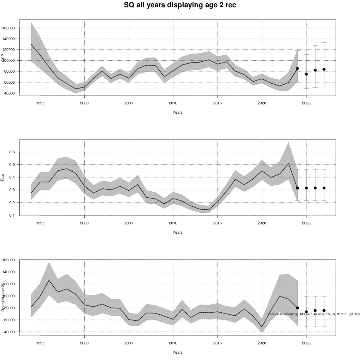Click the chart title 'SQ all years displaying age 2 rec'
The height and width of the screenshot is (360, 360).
(x=180, y=5)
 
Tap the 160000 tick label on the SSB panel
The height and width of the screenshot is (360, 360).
(x=9, y=28)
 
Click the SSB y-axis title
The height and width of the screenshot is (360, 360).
(x=3, y=58)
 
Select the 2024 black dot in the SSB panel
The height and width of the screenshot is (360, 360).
(x=297, y=68)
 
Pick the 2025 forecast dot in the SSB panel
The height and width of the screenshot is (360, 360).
(x=306, y=74)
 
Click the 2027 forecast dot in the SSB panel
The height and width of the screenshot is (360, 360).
(x=324, y=69)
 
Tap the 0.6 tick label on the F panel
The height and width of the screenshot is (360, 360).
(x=12, y=152)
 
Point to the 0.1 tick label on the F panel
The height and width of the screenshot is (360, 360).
(x=12, y=215)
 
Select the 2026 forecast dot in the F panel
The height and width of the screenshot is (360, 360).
(x=315, y=188)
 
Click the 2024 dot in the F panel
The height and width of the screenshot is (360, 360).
(x=297, y=188)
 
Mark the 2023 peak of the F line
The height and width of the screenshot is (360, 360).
(x=288, y=163)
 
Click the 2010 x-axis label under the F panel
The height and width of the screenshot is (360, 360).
(x=173, y=223)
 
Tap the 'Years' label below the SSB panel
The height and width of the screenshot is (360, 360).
(x=178, y=112)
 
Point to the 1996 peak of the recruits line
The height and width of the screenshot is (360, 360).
(x=49, y=280)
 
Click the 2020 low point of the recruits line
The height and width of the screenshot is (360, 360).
(x=262, y=327)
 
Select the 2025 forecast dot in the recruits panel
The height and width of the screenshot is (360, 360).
(x=306, y=312)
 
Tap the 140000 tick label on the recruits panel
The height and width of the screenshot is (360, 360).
(x=9, y=272)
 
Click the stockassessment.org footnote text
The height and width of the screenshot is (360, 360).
(x=314, y=314)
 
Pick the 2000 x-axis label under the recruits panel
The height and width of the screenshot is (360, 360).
(x=84, y=343)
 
